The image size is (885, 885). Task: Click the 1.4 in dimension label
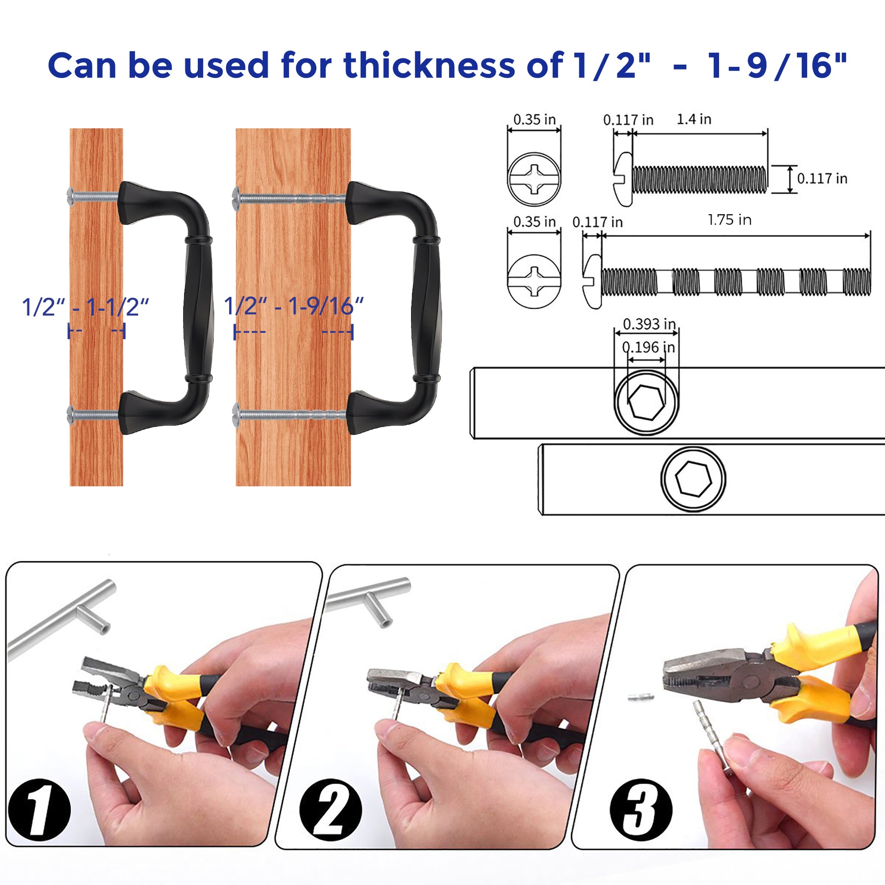tap(694, 119)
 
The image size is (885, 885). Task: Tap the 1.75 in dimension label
tap(730, 220)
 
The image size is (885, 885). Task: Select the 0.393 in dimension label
tap(649, 324)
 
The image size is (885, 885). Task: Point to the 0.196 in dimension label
tap(648, 347)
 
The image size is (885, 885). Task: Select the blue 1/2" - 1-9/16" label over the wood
tap(294, 306)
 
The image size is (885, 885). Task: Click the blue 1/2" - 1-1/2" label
tap(85, 307)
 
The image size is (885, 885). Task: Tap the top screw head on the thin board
tap(70, 196)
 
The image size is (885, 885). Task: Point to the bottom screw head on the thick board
tap(236, 415)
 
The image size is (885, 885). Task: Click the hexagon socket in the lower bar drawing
tap(694, 479)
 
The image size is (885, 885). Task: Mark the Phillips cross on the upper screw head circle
tap(534, 179)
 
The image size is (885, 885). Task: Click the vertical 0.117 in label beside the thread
tap(822, 178)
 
